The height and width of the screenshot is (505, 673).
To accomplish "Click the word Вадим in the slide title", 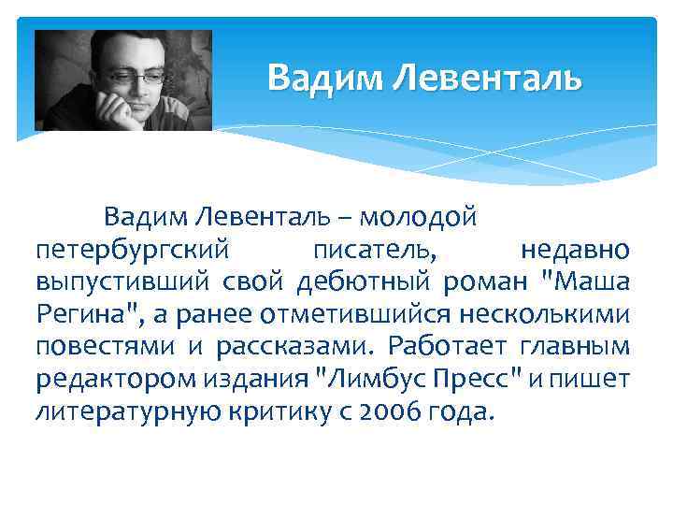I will coord(324,78).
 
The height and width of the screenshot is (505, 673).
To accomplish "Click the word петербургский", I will coord(133,250).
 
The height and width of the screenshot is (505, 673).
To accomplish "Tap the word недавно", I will coord(574,250).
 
